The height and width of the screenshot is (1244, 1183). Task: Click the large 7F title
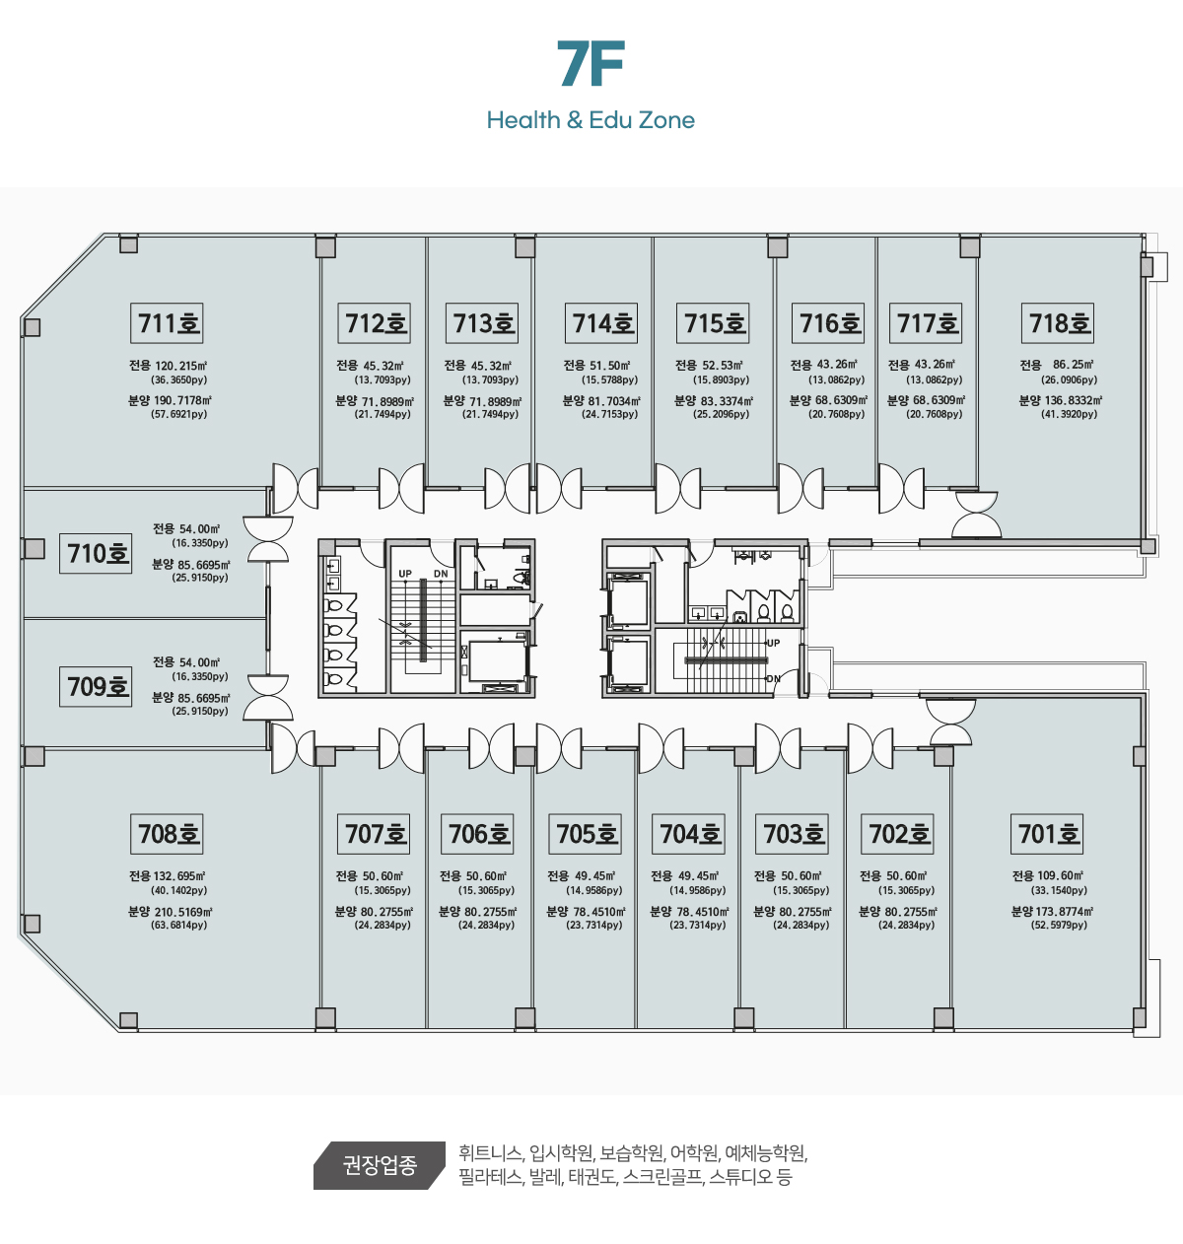pyautogui.click(x=591, y=65)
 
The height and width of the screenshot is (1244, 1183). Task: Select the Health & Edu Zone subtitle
pyautogui.click(x=591, y=120)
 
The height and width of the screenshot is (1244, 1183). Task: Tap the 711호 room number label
pyautogui.click(x=168, y=323)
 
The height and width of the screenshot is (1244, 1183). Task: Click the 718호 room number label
pyautogui.click(x=1060, y=323)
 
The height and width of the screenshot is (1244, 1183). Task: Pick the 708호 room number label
pyautogui.click(x=168, y=834)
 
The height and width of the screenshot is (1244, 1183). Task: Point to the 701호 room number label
pyautogui.click(x=1049, y=834)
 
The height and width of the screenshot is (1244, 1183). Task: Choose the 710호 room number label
pyautogui.click(x=97, y=553)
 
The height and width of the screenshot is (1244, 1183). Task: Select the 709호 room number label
pyautogui.click(x=97, y=685)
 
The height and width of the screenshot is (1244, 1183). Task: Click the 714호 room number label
pyautogui.click(x=603, y=323)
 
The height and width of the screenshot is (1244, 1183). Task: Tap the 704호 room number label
pyautogui.click(x=690, y=834)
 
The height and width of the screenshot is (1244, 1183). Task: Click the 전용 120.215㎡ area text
pyautogui.click(x=168, y=366)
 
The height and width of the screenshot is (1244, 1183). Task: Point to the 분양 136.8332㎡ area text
pyautogui.click(x=1060, y=400)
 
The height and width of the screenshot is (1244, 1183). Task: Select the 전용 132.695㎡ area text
pyautogui.click(x=168, y=876)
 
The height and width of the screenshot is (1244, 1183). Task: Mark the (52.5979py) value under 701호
pyautogui.click(x=1059, y=926)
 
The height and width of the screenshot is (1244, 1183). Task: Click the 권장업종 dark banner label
pyautogui.click(x=380, y=1165)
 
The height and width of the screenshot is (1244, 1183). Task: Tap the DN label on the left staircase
pyautogui.click(x=441, y=574)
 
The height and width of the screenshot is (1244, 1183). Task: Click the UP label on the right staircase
pyautogui.click(x=773, y=643)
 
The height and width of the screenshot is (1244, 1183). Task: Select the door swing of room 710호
pyautogui.click(x=268, y=539)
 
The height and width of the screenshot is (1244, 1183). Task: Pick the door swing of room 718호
pyautogui.click(x=976, y=515)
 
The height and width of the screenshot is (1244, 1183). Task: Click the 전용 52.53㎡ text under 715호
pyautogui.click(x=710, y=366)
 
